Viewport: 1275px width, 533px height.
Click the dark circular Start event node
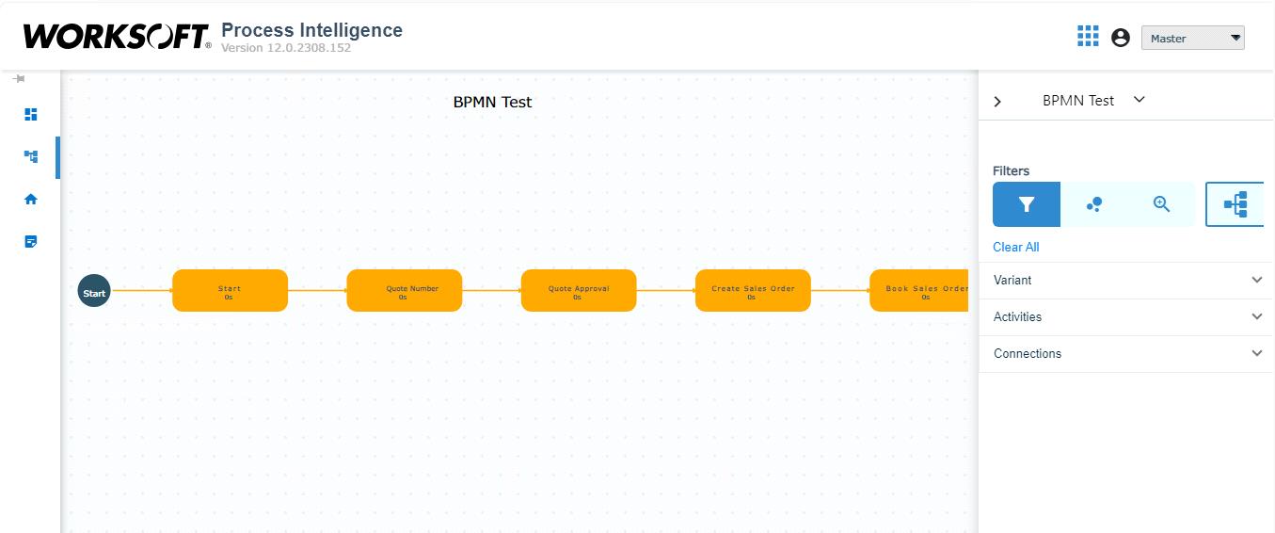click(94, 292)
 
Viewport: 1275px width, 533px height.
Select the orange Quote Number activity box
click(404, 291)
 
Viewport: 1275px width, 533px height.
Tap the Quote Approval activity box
click(578, 291)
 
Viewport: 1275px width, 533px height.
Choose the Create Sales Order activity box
click(752, 291)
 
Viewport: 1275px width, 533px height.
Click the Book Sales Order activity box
click(919, 291)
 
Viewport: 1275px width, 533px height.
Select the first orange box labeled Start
click(230, 291)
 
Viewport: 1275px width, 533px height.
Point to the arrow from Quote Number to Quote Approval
click(491, 291)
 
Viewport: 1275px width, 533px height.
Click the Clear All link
click(1015, 247)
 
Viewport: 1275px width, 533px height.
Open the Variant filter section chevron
click(1256, 280)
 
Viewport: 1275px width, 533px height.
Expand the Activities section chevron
click(1256, 316)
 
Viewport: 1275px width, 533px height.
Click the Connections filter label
click(1027, 353)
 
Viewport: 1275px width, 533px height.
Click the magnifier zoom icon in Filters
click(1161, 204)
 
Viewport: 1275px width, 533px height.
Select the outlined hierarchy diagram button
click(1235, 204)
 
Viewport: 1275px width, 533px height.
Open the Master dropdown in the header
click(1192, 39)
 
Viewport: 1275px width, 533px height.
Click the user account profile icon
click(1120, 38)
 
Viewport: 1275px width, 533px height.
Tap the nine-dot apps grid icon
click(1088, 37)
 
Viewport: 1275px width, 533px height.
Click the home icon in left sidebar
click(31, 200)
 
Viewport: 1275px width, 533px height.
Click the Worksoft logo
click(116, 37)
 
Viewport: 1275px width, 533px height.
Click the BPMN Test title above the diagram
click(492, 102)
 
